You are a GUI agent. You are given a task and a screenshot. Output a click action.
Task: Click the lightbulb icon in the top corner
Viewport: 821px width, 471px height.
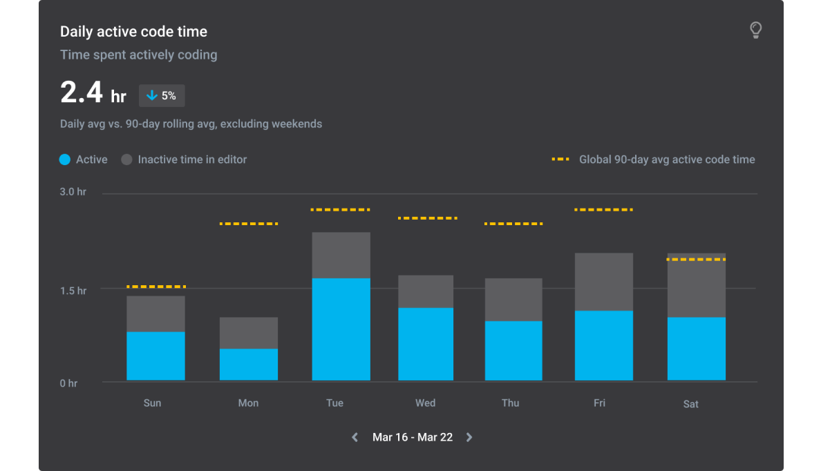[755, 30]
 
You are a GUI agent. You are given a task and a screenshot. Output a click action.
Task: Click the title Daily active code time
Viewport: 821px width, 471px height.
[133, 32]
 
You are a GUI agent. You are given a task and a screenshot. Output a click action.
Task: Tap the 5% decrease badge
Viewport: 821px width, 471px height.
[162, 96]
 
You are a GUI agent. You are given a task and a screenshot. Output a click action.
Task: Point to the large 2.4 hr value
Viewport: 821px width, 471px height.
[93, 93]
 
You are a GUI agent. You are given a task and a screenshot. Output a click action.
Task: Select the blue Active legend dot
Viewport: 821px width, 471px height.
[65, 160]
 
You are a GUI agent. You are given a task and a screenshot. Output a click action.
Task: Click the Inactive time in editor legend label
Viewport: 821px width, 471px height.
[192, 160]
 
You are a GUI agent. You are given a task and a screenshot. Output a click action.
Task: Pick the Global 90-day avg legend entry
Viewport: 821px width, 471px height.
[653, 160]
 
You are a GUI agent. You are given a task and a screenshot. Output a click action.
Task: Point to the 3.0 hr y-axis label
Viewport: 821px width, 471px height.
[73, 192]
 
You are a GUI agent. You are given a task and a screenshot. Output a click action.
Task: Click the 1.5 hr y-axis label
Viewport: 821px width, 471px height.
[73, 291]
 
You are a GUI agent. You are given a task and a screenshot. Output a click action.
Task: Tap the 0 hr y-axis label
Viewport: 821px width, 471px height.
[68, 383]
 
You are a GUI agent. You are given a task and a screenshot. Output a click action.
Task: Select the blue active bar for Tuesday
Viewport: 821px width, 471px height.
[341, 329]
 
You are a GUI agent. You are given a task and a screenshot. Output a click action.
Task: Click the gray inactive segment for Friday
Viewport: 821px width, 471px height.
[603, 282]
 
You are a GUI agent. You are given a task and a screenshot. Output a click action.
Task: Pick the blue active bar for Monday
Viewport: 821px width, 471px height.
[248, 365]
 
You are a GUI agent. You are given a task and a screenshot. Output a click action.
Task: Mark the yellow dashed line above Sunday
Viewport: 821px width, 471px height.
[156, 286]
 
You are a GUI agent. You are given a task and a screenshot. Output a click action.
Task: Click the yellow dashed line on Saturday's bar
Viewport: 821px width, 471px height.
[696, 259]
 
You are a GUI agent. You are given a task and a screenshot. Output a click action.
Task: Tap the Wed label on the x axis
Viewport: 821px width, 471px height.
[425, 403]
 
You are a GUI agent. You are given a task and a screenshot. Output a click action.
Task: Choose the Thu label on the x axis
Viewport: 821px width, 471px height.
[510, 403]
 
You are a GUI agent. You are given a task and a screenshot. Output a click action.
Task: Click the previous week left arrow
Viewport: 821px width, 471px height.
[355, 437]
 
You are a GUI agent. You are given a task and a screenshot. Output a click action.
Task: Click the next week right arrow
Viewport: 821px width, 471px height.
[469, 437]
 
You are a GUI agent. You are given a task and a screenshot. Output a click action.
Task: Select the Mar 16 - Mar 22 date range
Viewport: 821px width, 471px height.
[413, 437]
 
